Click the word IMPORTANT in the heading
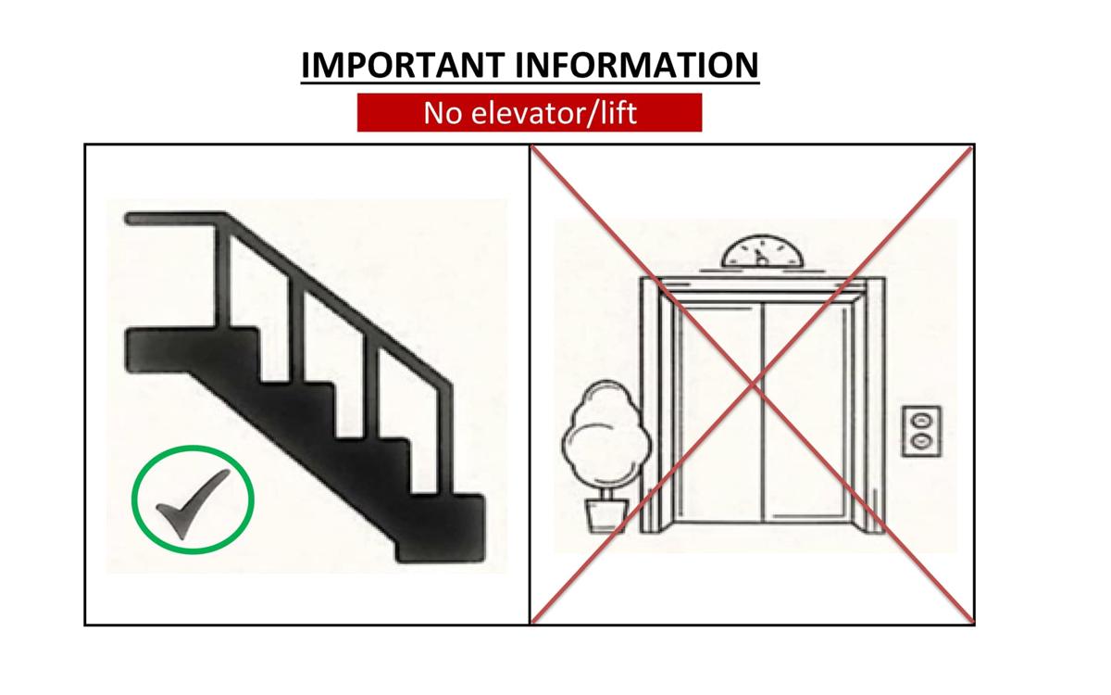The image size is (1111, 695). (x=403, y=65)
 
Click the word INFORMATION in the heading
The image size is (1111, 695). (x=637, y=65)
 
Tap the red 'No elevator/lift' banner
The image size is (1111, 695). (x=530, y=113)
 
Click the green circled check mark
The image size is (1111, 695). (x=193, y=499)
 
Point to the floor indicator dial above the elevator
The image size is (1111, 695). (x=761, y=252)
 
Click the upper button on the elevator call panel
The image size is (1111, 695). (x=921, y=421)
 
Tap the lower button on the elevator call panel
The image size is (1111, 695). (x=921, y=440)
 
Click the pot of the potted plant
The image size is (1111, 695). (x=606, y=516)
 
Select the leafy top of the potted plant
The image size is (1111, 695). (x=606, y=433)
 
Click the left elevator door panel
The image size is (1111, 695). (x=720, y=413)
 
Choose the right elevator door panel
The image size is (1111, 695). (x=805, y=413)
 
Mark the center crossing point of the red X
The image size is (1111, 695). (x=753, y=384)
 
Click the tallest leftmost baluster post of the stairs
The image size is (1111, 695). (x=223, y=276)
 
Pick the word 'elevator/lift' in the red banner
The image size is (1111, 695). (x=554, y=113)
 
